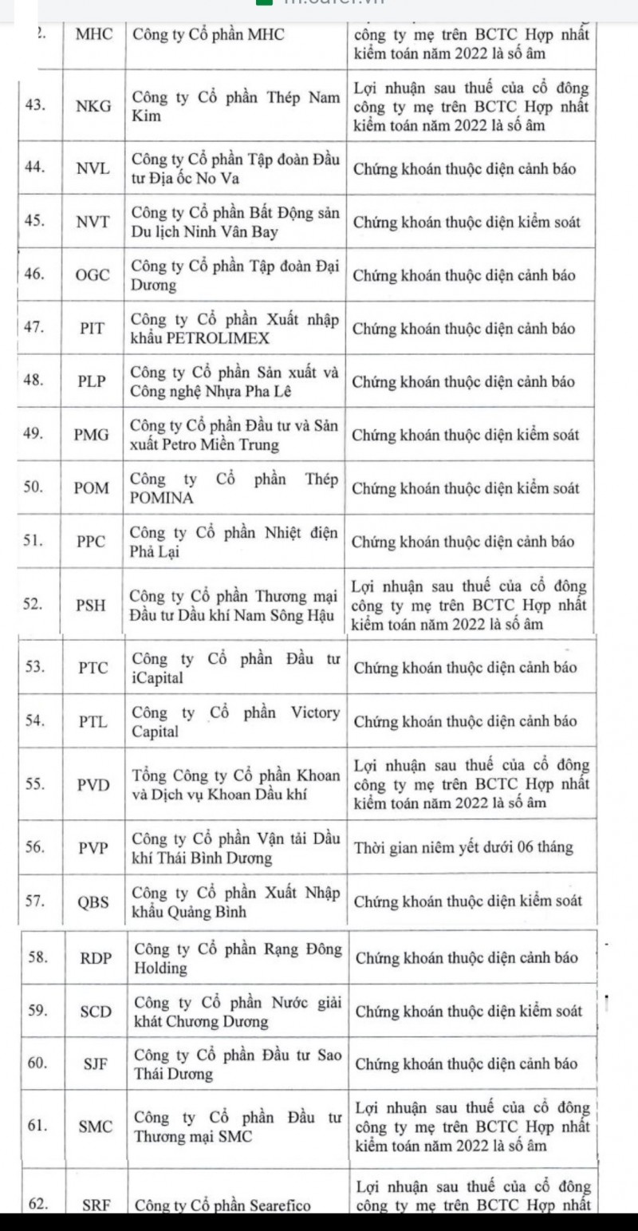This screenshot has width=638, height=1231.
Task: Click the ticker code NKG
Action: [x=93, y=106]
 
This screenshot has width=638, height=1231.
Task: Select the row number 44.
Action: [x=33, y=168]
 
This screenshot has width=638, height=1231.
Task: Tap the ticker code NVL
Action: [x=93, y=168]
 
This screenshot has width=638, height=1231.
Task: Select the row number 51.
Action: [x=33, y=542]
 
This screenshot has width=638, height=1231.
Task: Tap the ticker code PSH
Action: [x=92, y=605]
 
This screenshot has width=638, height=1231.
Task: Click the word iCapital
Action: [x=157, y=678]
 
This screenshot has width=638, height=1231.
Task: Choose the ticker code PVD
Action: [x=93, y=784]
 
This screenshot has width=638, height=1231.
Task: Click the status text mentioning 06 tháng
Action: [x=463, y=847]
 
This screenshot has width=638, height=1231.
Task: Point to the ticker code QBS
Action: [x=93, y=902]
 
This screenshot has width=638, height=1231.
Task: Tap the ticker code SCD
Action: [x=96, y=1011]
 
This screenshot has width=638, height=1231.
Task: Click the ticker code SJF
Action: [x=96, y=1063]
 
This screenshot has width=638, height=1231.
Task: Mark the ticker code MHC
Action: [x=93, y=34]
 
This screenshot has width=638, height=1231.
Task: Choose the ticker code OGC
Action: [x=93, y=275]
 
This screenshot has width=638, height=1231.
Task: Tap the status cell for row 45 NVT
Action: [x=467, y=222]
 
